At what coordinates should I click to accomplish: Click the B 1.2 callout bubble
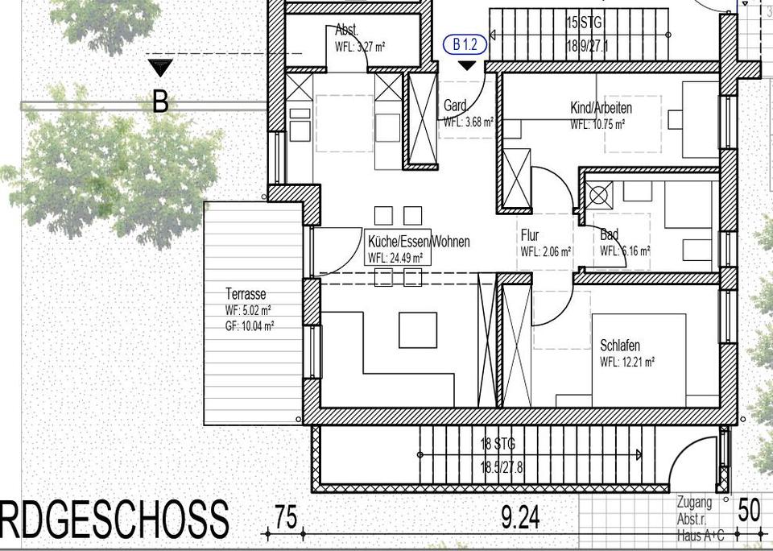click(465, 45)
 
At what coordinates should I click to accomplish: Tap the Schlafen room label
click(620, 346)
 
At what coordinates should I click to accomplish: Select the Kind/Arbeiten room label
click(601, 108)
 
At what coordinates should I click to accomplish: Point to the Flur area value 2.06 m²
click(546, 251)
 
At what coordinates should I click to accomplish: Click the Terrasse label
click(245, 294)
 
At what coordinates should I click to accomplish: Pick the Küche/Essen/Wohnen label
click(418, 242)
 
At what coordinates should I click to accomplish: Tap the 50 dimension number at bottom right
click(748, 511)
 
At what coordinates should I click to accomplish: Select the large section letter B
click(160, 101)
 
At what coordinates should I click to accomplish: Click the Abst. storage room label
click(345, 31)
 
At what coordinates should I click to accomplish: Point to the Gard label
click(455, 106)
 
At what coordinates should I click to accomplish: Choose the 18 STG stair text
click(498, 444)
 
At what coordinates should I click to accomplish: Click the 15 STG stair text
click(584, 23)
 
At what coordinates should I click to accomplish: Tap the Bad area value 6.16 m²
click(625, 251)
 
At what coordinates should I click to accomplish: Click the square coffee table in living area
click(418, 330)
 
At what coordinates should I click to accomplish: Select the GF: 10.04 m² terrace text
click(250, 326)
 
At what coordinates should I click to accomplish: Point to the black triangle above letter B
click(160, 68)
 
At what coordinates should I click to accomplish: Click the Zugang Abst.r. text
click(694, 509)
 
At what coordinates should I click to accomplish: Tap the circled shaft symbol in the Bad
click(598, 195)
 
